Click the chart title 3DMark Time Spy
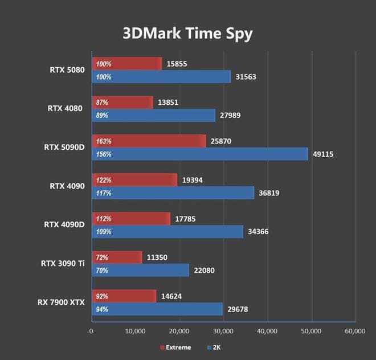[x=187, y=32]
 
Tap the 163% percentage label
[x=104, y=141]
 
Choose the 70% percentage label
[x=103, y=270]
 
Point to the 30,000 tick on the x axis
[x=223, y=331]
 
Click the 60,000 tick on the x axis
[x=355, y=331]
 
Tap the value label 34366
[x=258, y=231]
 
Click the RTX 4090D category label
[x=64, y=224]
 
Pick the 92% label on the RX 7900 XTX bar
[x=103, y=296]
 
